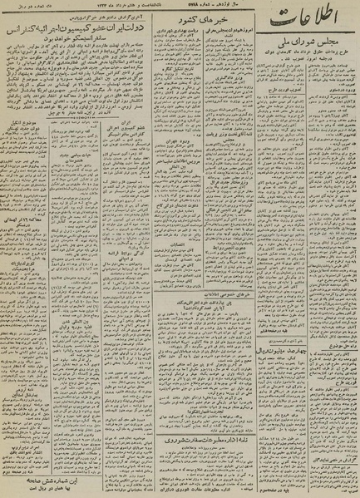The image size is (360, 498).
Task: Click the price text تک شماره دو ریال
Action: coord(26,6)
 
